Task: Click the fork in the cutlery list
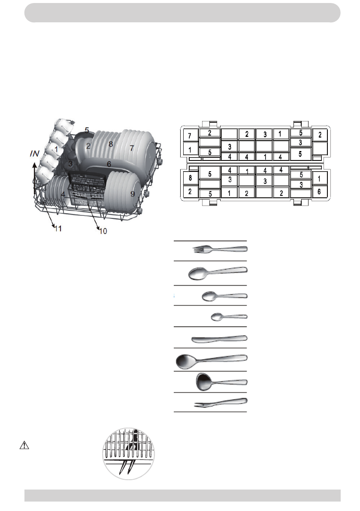click(220, 250)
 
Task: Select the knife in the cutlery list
click(219, 339)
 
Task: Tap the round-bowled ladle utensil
click(221, 382)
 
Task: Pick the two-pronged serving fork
click(221, 402)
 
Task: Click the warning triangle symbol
click(24, 445)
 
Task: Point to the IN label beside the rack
click(34, 154)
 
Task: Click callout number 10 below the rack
click(103, 231)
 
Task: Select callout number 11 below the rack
click(58, 228)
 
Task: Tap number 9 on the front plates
click(133, 194)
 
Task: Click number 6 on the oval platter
click(109, 164)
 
